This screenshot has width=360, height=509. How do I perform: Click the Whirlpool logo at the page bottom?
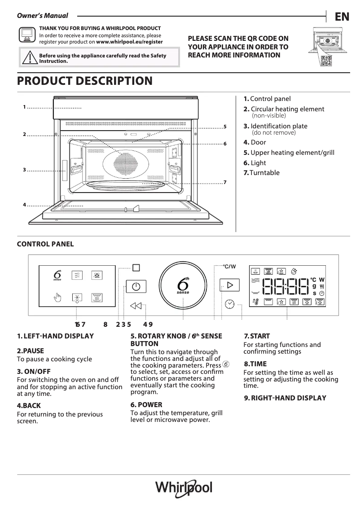pyautogui.click(x=184, y=488)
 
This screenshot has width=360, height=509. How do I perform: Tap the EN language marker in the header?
pyautogui.click(x=342, y=17)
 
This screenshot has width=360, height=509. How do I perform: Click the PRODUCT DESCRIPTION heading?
pyautogui.click(x=84, y=81)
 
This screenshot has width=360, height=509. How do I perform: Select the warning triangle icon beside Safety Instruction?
pyautogui.click(x=29, y=58)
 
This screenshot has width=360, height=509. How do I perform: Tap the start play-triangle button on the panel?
pyautogui.click(x=230, y=285)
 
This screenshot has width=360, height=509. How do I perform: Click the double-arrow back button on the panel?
pyautogui.click(x=136, y=306)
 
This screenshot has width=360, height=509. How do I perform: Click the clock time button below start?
pyautogui.click(x=229, y=304)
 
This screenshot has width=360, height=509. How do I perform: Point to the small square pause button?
pyautogui.click(x=136, y=268)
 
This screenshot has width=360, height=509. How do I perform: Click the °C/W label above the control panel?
pyautogui.click(x=229, y=267)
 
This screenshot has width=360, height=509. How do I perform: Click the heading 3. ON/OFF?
pyautogui.click(x=34, y=372)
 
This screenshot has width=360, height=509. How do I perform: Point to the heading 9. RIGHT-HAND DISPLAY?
pyautogui.click(x=285, y=398)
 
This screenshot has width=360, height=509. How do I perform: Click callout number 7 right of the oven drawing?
pyautogui.click(x=224, y=182)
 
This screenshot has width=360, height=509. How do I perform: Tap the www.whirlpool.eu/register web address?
pyautogui.click(x=129, y=42)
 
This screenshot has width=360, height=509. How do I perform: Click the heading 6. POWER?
pyautogui.click(x=146, y=404)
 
